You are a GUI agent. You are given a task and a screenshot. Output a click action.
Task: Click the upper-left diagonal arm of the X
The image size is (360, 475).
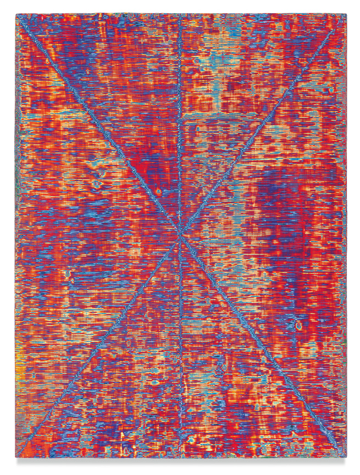click(x=99, y=126)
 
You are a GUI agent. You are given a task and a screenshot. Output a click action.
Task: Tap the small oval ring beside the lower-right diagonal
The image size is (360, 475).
click(x=298, y=325)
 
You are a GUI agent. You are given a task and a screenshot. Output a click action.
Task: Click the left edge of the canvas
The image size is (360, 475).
click(x=17, y=236)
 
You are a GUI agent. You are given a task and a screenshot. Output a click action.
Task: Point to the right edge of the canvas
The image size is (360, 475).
click(x=346, y=236)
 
